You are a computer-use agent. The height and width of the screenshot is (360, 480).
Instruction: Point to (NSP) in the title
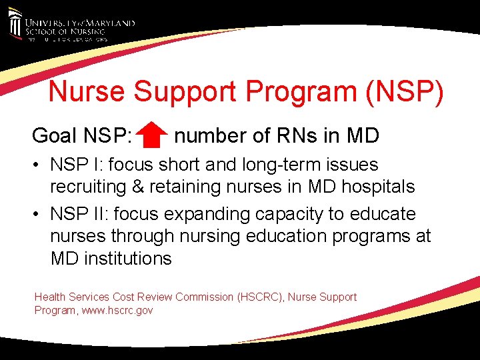point(404,92)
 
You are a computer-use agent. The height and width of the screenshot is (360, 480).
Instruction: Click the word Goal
point(55,136)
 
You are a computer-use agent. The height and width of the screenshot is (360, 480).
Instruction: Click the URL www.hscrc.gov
point(117,310)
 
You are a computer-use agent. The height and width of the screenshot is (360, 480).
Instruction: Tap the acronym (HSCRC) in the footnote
point(262,297)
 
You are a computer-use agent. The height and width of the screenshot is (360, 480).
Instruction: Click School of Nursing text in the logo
point(66,31)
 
